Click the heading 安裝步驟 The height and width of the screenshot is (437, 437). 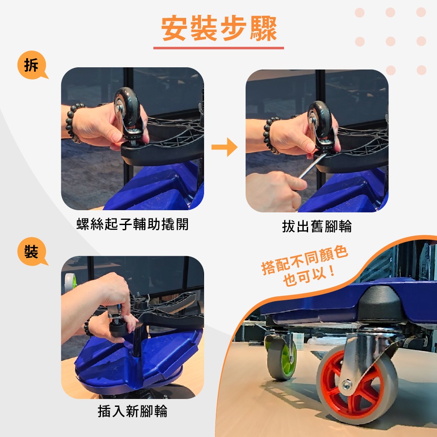tap(219, 29)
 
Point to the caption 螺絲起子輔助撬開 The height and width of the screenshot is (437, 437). tap(132, 225)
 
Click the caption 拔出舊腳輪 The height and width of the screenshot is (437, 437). tap(317, 226)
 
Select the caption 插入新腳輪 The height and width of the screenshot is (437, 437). tap(132, 411)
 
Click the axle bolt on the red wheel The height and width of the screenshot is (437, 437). tap(346, 385)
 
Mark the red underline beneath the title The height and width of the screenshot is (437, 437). tap(218, 48)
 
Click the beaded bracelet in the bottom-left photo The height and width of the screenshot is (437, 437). tap(89, 326)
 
